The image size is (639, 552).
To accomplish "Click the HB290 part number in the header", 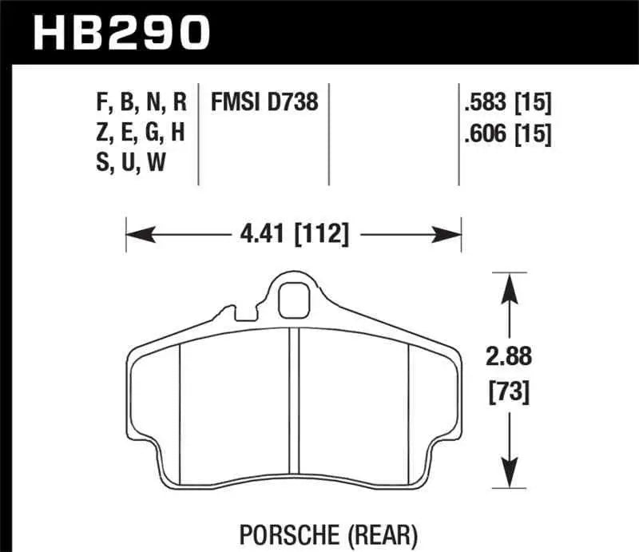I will (120, 33).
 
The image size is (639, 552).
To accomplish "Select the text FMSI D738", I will (264, 102).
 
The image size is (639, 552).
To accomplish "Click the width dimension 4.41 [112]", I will (294, 235).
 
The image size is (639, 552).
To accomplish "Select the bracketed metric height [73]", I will (509, 392).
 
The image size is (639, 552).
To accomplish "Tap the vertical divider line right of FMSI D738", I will (330, 132).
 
